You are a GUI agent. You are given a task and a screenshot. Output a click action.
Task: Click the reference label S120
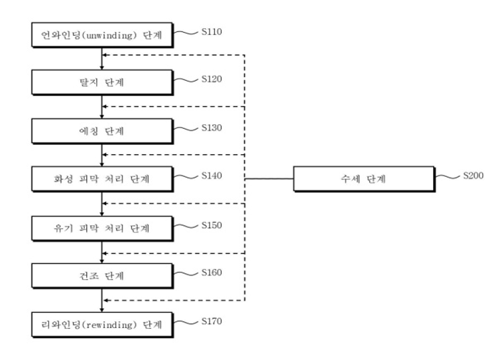click(211, 79)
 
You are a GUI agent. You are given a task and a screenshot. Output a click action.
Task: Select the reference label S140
click(211, 175)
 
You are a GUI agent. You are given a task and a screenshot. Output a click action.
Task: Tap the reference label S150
click(211, 224)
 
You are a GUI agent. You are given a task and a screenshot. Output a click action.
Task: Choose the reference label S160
click(211, 271)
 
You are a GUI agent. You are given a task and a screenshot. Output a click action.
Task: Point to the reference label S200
click(473, 175)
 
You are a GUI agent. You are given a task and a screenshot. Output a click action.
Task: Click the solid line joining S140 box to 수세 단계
click(267, 180)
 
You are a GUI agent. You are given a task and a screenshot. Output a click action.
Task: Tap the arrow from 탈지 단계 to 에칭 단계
click(102, 106)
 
